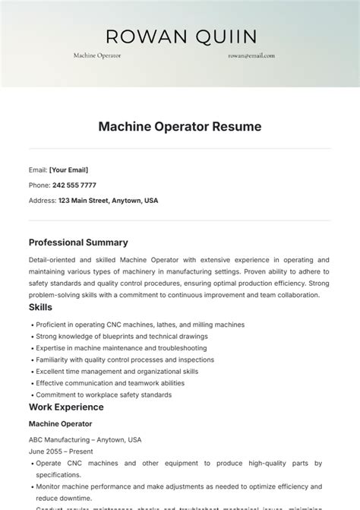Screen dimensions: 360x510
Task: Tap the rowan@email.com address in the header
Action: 251,55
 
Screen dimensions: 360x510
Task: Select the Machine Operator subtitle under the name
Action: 97,55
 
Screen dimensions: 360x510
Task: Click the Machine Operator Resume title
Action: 180,127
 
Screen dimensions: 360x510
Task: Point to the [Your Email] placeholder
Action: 68,169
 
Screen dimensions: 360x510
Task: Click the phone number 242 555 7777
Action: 73,185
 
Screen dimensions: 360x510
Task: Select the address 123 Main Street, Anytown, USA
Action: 108,201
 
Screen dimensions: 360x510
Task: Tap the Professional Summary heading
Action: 78,242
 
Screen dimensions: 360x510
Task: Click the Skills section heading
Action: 40,307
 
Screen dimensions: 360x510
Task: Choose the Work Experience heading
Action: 66,407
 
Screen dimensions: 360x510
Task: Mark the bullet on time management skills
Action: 116,372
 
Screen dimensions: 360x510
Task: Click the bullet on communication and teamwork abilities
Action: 109,384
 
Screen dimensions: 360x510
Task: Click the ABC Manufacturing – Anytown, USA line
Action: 85,439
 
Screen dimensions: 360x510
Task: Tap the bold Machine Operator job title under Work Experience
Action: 60,423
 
